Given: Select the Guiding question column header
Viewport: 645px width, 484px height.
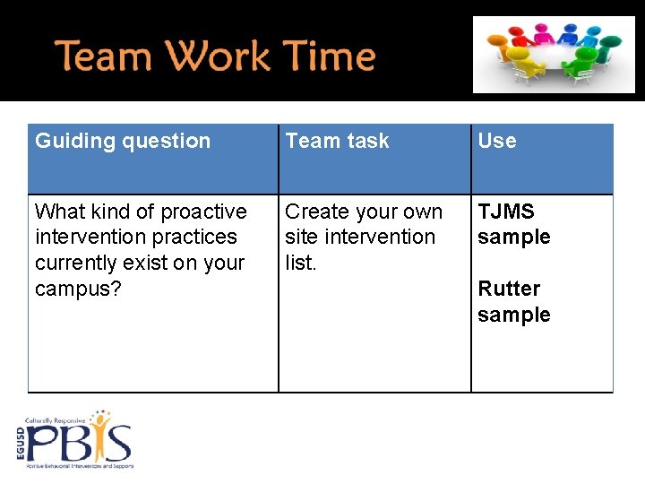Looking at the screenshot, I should (123, 141).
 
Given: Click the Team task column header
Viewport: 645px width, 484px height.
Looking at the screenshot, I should (337, 141).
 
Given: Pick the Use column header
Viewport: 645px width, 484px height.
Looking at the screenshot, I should (496, 141).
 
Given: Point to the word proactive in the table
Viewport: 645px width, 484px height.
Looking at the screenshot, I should (203, 212).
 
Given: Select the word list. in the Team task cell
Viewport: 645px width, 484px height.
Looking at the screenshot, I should (301, 263).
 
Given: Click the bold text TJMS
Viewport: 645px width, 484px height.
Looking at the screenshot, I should (505, 212).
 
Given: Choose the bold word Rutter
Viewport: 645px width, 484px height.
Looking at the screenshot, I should (508, 289).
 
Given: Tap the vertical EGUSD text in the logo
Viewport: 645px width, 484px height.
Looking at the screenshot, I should (21, 442).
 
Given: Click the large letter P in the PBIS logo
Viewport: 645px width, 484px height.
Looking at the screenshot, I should (43, 444).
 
